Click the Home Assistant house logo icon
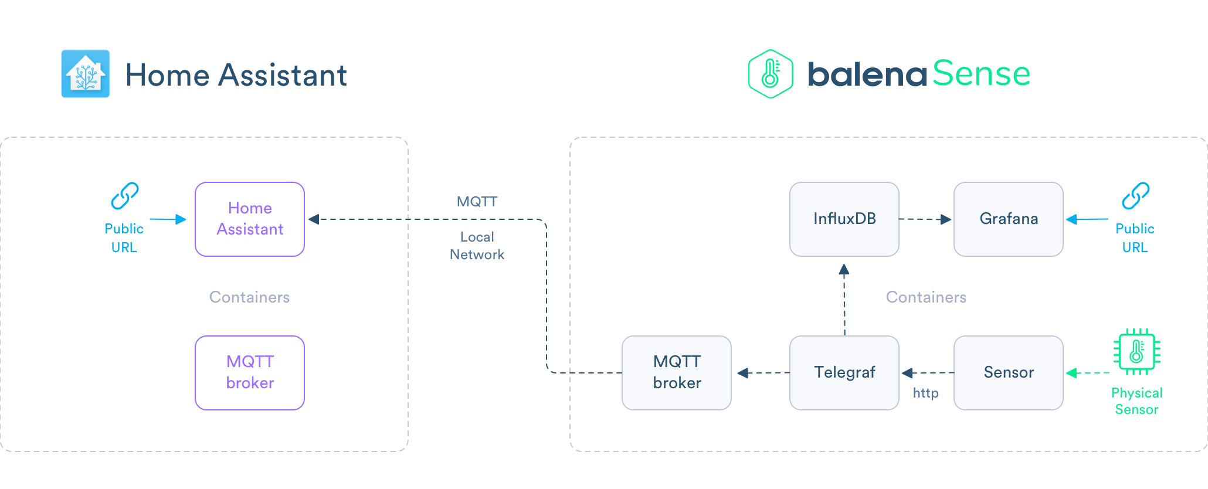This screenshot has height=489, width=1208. (86, 74)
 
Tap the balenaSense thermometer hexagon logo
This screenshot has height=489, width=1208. (771, 74)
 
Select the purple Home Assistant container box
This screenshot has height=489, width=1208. (250, 219)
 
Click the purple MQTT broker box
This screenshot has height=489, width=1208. (250, 373)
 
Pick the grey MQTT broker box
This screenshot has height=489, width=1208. (677, 373)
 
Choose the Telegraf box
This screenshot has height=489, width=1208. (844, 373)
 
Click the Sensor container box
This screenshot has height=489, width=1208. (1009, 373)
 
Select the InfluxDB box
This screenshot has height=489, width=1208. (844, 219)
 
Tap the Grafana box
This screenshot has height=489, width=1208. (1009, 219)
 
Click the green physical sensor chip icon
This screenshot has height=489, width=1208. (1137, 352)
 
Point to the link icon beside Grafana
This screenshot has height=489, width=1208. (1135, 196)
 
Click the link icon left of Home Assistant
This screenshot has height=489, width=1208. (125, 196)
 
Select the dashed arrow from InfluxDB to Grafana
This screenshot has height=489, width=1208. (925, 219)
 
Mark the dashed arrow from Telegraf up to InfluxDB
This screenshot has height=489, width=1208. (844, 299)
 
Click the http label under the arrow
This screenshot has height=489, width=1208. (925, 393)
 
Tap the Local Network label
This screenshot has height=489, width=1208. (477, 246)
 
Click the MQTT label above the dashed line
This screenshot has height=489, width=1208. (477, 202)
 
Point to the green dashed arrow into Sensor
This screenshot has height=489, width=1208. (1088, 373)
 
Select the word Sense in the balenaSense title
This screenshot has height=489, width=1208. (981, 74)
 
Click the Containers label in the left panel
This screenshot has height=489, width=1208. (250, 297)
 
